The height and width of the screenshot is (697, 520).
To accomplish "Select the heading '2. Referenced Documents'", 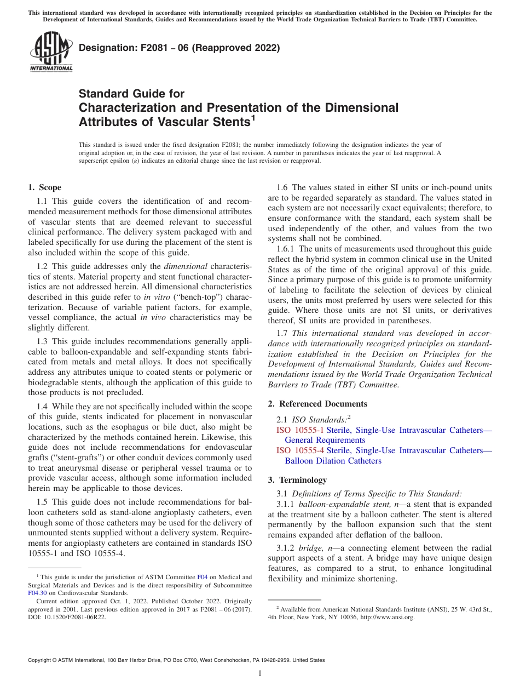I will pos(317,404).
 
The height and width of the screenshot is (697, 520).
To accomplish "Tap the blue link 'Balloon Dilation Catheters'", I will pos(333,461).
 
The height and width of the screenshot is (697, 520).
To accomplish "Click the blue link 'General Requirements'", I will pos(325,440).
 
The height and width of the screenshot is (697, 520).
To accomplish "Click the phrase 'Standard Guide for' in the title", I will pos(131,94).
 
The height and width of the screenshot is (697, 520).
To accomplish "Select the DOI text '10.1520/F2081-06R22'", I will pos(72,617).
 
